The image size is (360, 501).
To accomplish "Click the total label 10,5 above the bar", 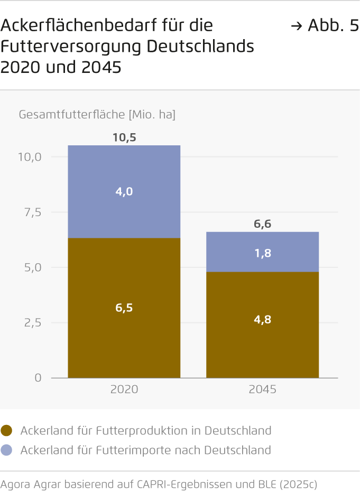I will (x=124, y=137).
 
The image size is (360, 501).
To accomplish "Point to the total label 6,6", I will (x=263, y=224).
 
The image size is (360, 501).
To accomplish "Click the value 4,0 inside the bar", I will (x=124, y=191).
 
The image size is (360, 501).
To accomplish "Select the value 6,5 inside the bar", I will (x=124, y=308).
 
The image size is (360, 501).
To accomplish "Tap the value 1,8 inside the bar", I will (x=263, y=253).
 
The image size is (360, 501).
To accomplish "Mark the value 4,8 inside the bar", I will (x=263, y=319).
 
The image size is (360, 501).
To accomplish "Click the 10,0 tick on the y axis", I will (x=30, y=157).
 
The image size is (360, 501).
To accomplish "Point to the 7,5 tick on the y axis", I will (x=33, y=212).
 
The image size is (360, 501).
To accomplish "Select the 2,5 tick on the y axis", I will (x=33, y=322).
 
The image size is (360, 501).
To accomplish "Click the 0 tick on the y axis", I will (x=39, y=378).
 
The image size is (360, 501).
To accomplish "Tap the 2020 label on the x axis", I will (x=124, y=389).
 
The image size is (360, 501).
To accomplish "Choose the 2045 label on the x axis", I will (x=263, y=389).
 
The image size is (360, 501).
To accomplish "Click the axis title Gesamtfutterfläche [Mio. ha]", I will (x=97, y=114).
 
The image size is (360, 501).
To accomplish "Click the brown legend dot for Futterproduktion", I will (x=7, y=431).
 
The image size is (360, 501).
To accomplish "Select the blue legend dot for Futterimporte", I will (x=7, y=450).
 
